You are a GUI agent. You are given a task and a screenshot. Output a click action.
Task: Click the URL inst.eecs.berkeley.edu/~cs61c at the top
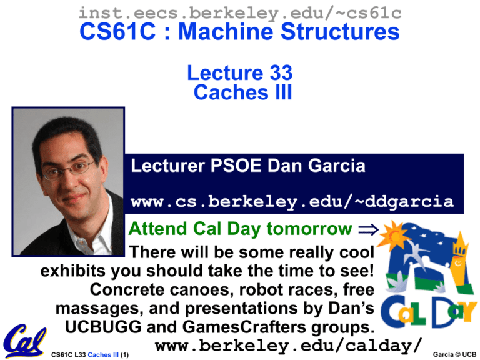(x=240, y=13)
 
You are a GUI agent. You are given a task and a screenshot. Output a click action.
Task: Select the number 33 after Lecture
(x=281, y=72)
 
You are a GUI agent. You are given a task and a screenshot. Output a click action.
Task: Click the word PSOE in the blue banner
(x=236, y=166)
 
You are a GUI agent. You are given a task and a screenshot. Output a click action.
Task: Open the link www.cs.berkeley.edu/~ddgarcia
(x=292, y=202)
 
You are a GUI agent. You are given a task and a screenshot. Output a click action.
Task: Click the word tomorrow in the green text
(x=309, y=229)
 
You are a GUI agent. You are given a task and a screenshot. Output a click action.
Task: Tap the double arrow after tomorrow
(x=368, y=229)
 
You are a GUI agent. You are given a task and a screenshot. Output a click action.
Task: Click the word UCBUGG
(x=103, y=327)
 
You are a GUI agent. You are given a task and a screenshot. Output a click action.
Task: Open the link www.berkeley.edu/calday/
(x=288, y=346)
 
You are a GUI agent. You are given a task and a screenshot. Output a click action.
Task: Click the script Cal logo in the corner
(x=24, y=341)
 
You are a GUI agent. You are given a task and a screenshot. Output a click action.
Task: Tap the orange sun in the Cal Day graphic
(x=394, y=235)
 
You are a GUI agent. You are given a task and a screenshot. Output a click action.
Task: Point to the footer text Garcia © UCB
(x=454, y=354)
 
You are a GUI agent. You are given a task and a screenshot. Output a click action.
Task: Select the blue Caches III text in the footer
(x=103, y=355)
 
